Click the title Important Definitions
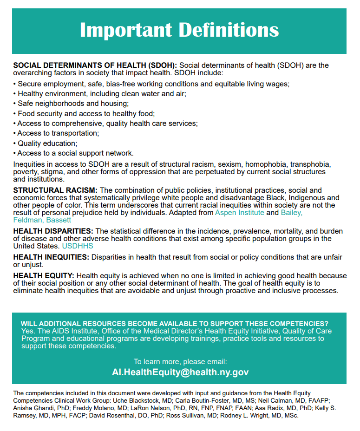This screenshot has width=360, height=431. [179, 30]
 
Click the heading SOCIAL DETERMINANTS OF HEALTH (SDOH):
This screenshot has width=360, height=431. [95, 65]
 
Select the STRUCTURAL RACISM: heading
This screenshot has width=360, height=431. [55, 190]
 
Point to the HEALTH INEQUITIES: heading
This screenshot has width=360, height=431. [51, 257]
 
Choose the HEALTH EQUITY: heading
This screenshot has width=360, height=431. [44, 276]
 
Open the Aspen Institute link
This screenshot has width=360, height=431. [239, 212]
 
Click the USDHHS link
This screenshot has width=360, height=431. [78, 246]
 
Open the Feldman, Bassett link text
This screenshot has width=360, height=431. [42, 220]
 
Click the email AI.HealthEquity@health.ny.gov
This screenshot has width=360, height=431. [180, 372]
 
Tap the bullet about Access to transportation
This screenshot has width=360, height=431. [58, 133]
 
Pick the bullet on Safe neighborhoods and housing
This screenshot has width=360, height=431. [72, 104]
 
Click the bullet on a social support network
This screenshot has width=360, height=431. [75, 153]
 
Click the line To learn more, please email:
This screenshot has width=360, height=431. [180, 361]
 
